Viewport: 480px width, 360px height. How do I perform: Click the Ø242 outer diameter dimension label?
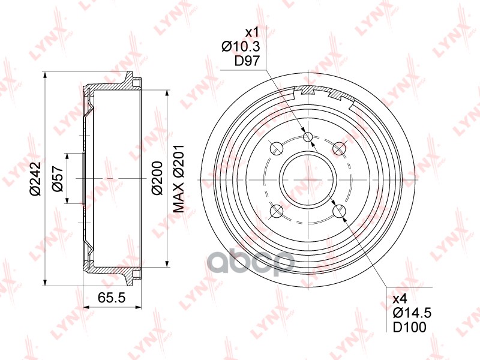pos(35,178)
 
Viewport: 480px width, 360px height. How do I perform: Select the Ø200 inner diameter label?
pos(157,178)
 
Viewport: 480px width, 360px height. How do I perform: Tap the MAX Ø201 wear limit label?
pos(179,179)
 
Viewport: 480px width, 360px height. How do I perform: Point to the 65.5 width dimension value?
pos(112,298)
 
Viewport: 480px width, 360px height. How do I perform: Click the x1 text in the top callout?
pos(253,32)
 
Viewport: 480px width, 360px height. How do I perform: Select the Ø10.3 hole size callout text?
pos(241,47)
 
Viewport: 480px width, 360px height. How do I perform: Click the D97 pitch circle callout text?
pos(247,61)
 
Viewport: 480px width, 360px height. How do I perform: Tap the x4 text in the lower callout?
pos(400,298)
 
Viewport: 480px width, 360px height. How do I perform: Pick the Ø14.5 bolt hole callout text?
pos(412,313)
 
